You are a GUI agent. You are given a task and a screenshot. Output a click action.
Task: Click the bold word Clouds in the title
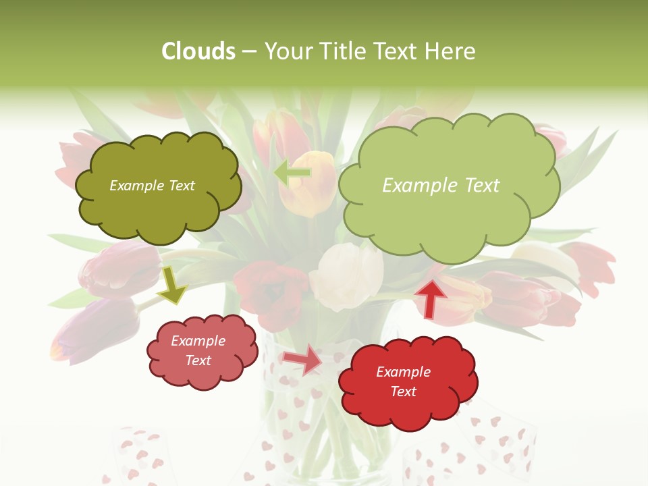[x=198, y=51]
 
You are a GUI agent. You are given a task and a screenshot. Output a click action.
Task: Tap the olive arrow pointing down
[x=172, y=285]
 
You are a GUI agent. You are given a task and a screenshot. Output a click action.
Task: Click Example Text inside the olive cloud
[x=152, y=186]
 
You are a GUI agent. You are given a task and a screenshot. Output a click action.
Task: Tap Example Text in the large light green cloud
[x=441, y=186]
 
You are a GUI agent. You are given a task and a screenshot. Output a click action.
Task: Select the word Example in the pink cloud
[x=198, y=341]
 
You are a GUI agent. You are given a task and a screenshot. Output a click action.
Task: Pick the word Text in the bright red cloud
[x=403, y=391]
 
